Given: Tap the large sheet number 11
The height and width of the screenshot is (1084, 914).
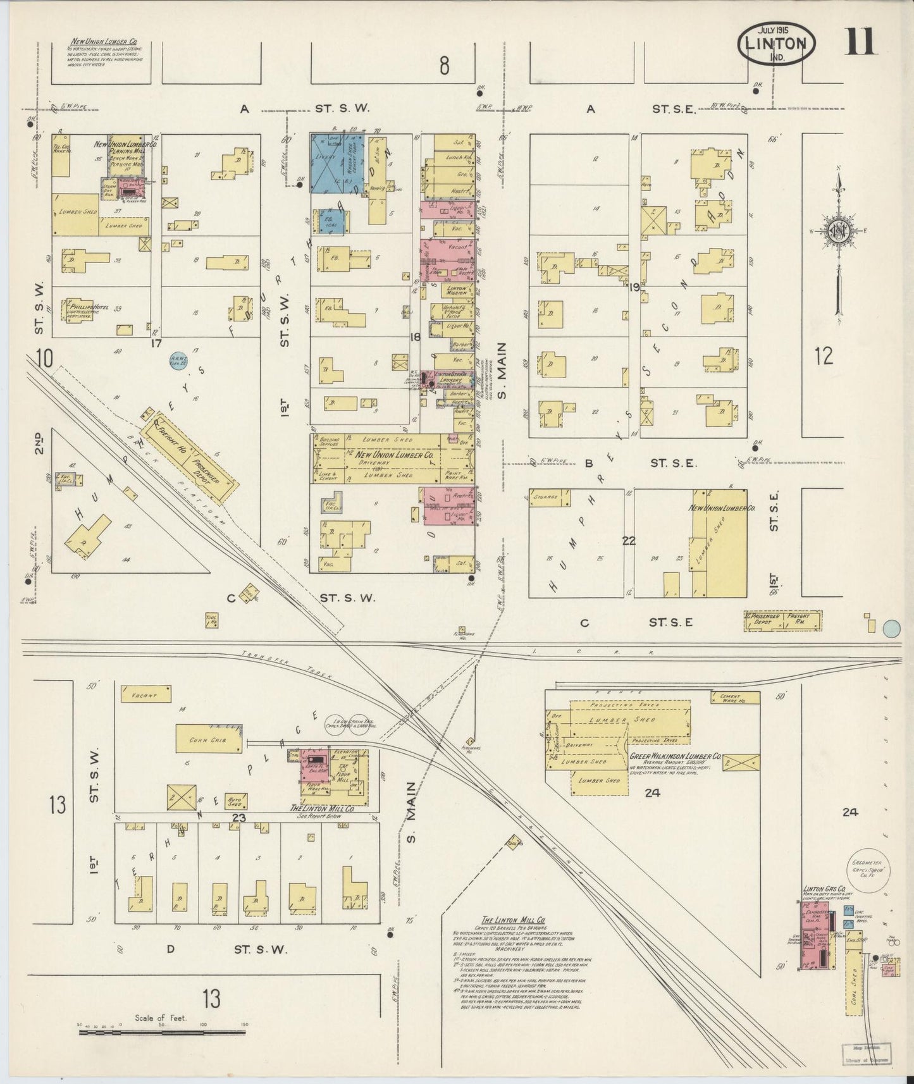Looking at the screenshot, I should point(859,42).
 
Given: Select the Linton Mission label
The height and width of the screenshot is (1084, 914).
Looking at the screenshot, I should point(456,290).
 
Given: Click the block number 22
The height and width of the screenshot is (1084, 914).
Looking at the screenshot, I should point(628,541).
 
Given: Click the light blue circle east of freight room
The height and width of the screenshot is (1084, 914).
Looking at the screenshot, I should point(891,628).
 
